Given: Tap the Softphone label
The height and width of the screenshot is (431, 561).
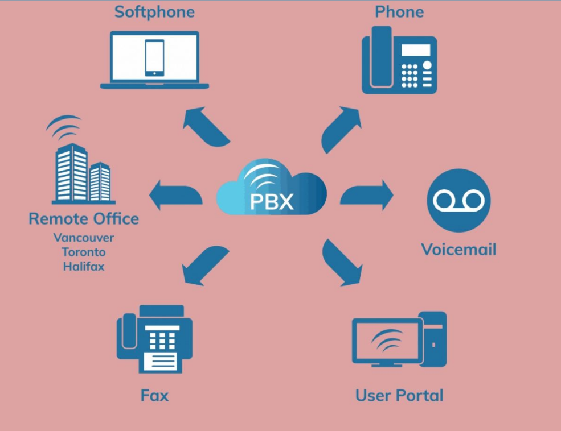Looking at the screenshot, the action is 154,12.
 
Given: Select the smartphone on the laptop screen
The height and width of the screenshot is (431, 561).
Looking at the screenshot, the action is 154,57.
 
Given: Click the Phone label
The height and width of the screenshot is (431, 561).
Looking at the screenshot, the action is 399,12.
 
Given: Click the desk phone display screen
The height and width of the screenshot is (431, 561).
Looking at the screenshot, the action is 416,50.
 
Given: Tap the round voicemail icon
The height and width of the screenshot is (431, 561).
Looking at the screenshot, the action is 458,200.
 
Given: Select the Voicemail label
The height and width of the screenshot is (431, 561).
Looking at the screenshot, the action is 458,249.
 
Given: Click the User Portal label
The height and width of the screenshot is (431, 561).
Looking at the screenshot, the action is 399,395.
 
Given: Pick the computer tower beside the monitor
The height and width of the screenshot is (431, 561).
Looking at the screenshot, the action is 432,339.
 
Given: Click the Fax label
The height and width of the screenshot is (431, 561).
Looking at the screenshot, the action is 154,395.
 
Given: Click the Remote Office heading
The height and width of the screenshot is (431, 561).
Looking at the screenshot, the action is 84,218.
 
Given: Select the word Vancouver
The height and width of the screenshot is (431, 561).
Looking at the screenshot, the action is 84,238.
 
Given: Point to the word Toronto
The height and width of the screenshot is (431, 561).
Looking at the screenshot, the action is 84,252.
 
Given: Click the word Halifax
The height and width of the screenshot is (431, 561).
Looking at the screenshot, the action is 84,266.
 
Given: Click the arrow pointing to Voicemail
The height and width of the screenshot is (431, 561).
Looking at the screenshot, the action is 366,195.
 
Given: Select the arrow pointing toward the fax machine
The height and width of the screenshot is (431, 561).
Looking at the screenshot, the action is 204,265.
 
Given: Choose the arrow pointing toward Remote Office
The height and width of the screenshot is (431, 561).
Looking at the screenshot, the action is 175,195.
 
